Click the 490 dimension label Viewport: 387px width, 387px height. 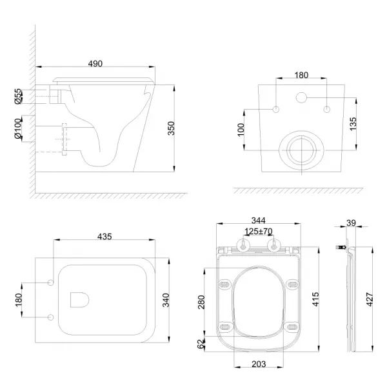[x=95, y=64]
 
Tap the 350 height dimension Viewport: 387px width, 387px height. [x=171, y=128]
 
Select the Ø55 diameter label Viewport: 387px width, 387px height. [x=18, y=97]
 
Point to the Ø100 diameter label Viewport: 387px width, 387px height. [x=18, y=128]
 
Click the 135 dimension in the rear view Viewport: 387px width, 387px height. [x=353, y=124]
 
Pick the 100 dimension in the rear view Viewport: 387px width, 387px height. [x=241, y=130]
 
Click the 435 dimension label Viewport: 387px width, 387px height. [x=104, y=237]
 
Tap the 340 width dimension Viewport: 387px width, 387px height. [x=166, y=300]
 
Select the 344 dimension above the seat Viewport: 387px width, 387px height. [x=258, y=220]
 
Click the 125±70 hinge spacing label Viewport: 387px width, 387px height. [x=259, y=232]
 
